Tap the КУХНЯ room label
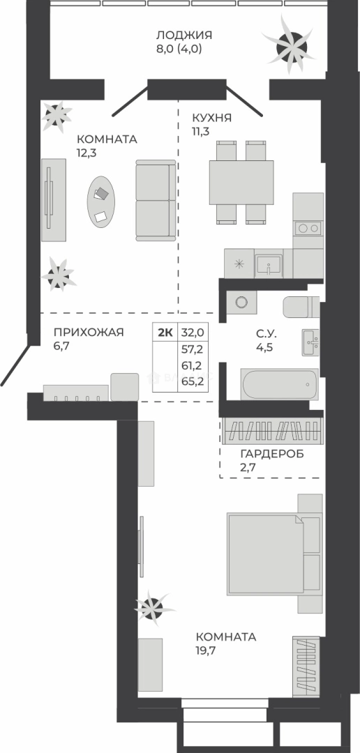[212, 118]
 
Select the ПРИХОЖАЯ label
[89, 333]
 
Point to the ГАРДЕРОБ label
[272, 455]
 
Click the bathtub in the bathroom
[280, 384]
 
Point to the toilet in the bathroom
[301, 307]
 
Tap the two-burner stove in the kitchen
[308, 227]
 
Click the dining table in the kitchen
[241, 182]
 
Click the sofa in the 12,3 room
[156, 200]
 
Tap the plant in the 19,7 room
[153, 607]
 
